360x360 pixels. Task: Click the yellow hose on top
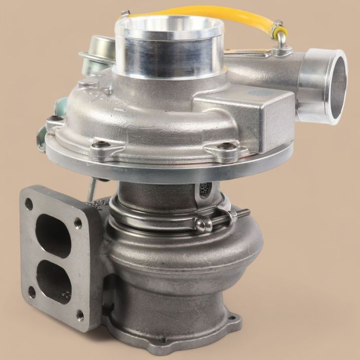206,11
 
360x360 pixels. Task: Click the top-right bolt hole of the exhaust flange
78,222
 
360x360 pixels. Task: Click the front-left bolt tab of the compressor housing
56,124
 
